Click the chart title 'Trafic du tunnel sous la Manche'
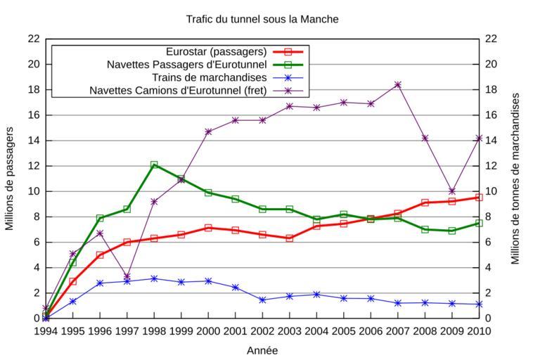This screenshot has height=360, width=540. [x=262, y=19]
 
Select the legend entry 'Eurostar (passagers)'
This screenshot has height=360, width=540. [x=216, y=52]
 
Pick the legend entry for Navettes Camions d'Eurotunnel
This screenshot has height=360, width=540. [x=178, y=91]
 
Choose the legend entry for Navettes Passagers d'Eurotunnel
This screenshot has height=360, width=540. [x=187, y=65]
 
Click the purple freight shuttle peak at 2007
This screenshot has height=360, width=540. [x=398, y=84]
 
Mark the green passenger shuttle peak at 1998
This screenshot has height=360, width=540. [x=154, y=165]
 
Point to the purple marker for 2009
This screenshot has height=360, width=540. [x=452, y=191]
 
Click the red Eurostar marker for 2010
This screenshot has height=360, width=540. [x=479, y=198]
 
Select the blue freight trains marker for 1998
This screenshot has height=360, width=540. [x=154, y=278]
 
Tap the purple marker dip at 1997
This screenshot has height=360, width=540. [x=127, y=276]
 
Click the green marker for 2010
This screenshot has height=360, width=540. [x=479, y=223]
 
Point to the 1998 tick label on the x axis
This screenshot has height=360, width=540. [x=154, y=331]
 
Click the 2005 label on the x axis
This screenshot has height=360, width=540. [x=344, y=331]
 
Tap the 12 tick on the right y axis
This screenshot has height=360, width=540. [x=491, y=166]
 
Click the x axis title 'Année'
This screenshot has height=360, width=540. [x=262, y=350]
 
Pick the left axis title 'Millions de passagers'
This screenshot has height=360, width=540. [x=10, y=179]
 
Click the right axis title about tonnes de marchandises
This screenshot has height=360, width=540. [x=515, y=179]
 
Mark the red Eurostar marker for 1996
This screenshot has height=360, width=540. [x=100, y=255]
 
